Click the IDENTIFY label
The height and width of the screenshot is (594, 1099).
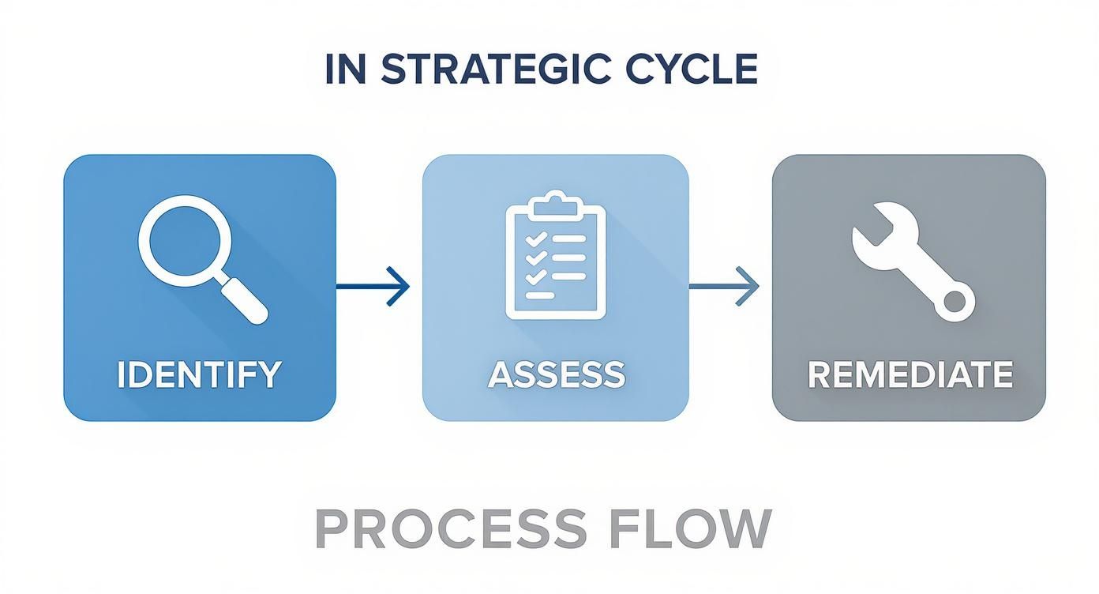(199, 374)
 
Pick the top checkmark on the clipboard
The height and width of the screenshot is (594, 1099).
(535, 239)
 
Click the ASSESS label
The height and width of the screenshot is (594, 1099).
(556, 374)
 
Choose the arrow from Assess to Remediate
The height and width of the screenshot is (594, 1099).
(724, 285)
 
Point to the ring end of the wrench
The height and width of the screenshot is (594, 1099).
(955, 301)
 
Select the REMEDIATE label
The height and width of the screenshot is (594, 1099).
(910, 374)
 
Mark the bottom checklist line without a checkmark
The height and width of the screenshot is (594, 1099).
(542, 295)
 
